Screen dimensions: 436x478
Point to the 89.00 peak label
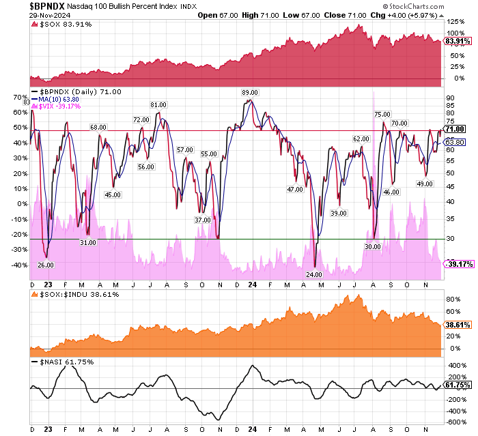[x=249, y=92]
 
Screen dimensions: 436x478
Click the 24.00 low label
[x=314, y=274]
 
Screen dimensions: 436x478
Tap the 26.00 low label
[x=46, y=265]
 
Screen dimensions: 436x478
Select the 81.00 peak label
[x=158, y=104]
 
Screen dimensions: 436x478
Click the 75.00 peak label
[x=382, y=114]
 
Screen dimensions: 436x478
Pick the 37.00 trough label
[x=202, y=220]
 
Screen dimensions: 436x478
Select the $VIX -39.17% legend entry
[x=61, y=106]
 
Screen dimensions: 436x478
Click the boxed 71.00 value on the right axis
[x=454, y=129]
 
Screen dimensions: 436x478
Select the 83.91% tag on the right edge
[x=455, y=41]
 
